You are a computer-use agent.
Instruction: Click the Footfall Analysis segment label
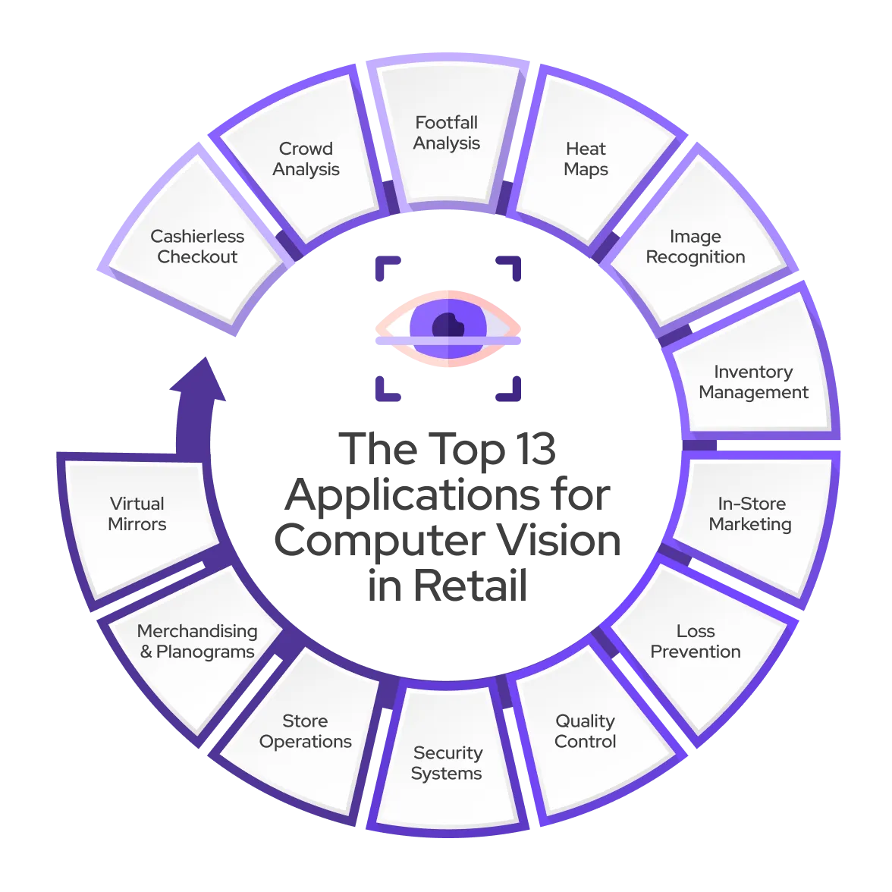tap(447, 133)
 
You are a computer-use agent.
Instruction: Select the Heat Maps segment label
tap(586, 159)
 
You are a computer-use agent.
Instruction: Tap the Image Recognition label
tap(695, 247)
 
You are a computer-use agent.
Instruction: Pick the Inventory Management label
tap(753, 382)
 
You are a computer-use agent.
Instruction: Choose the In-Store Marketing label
tap(751, 514)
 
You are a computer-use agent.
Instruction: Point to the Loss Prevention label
tap(696, 642)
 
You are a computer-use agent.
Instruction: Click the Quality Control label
tap(585, 731)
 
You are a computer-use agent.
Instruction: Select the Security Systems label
tap(447, 763)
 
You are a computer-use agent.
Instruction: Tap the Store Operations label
tap(306, 731)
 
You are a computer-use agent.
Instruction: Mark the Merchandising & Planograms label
tap(197, 642)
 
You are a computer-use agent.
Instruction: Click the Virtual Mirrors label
tap(137, 514)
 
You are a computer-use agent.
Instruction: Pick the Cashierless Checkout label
tap(197, 247)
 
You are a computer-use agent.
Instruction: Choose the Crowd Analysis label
tap(306, 159)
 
